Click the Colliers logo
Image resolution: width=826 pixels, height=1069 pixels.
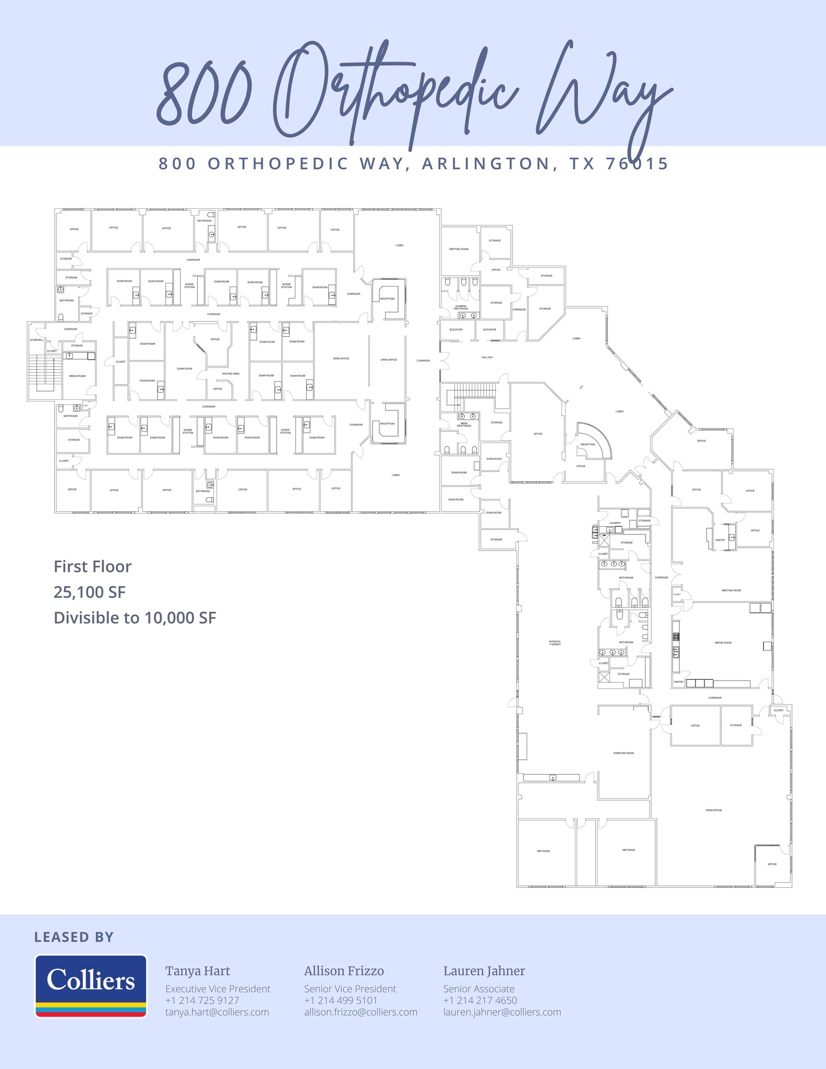[x=91, y=985]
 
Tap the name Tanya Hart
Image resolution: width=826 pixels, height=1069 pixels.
[x=197, y=971]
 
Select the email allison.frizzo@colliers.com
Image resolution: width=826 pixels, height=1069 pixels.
[x=361, y=1012]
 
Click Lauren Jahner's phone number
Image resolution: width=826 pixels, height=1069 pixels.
[x=480, y=1000]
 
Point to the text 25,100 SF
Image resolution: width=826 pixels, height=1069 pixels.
[x=90, y=592]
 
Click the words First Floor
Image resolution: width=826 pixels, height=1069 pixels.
[x=93, y=566]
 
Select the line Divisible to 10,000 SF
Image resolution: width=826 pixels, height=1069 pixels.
[x=135, y=617]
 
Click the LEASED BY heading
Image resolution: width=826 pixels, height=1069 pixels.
[x=74, y=937]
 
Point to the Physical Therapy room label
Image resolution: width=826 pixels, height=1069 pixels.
[x=555, y=643]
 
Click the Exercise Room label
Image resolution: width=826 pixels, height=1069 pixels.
[x=624, y=753]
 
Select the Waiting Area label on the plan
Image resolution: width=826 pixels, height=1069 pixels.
[x=231, y=374]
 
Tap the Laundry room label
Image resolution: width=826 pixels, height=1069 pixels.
[x=615, y=523]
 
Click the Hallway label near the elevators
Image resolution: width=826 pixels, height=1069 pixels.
[x=487, y=358]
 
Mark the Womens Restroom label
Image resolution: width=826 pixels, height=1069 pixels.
[x=461, y=307]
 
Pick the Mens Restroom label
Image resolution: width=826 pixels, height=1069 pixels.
[x=464, y=424]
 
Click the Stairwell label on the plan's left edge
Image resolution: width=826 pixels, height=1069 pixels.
[x=37, y=340]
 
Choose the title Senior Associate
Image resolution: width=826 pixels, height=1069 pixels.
[x=478, y=989]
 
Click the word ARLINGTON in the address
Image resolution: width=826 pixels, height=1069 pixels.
[x=486, y=163]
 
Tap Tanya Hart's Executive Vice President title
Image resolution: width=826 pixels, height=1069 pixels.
[x=218, y=989]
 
